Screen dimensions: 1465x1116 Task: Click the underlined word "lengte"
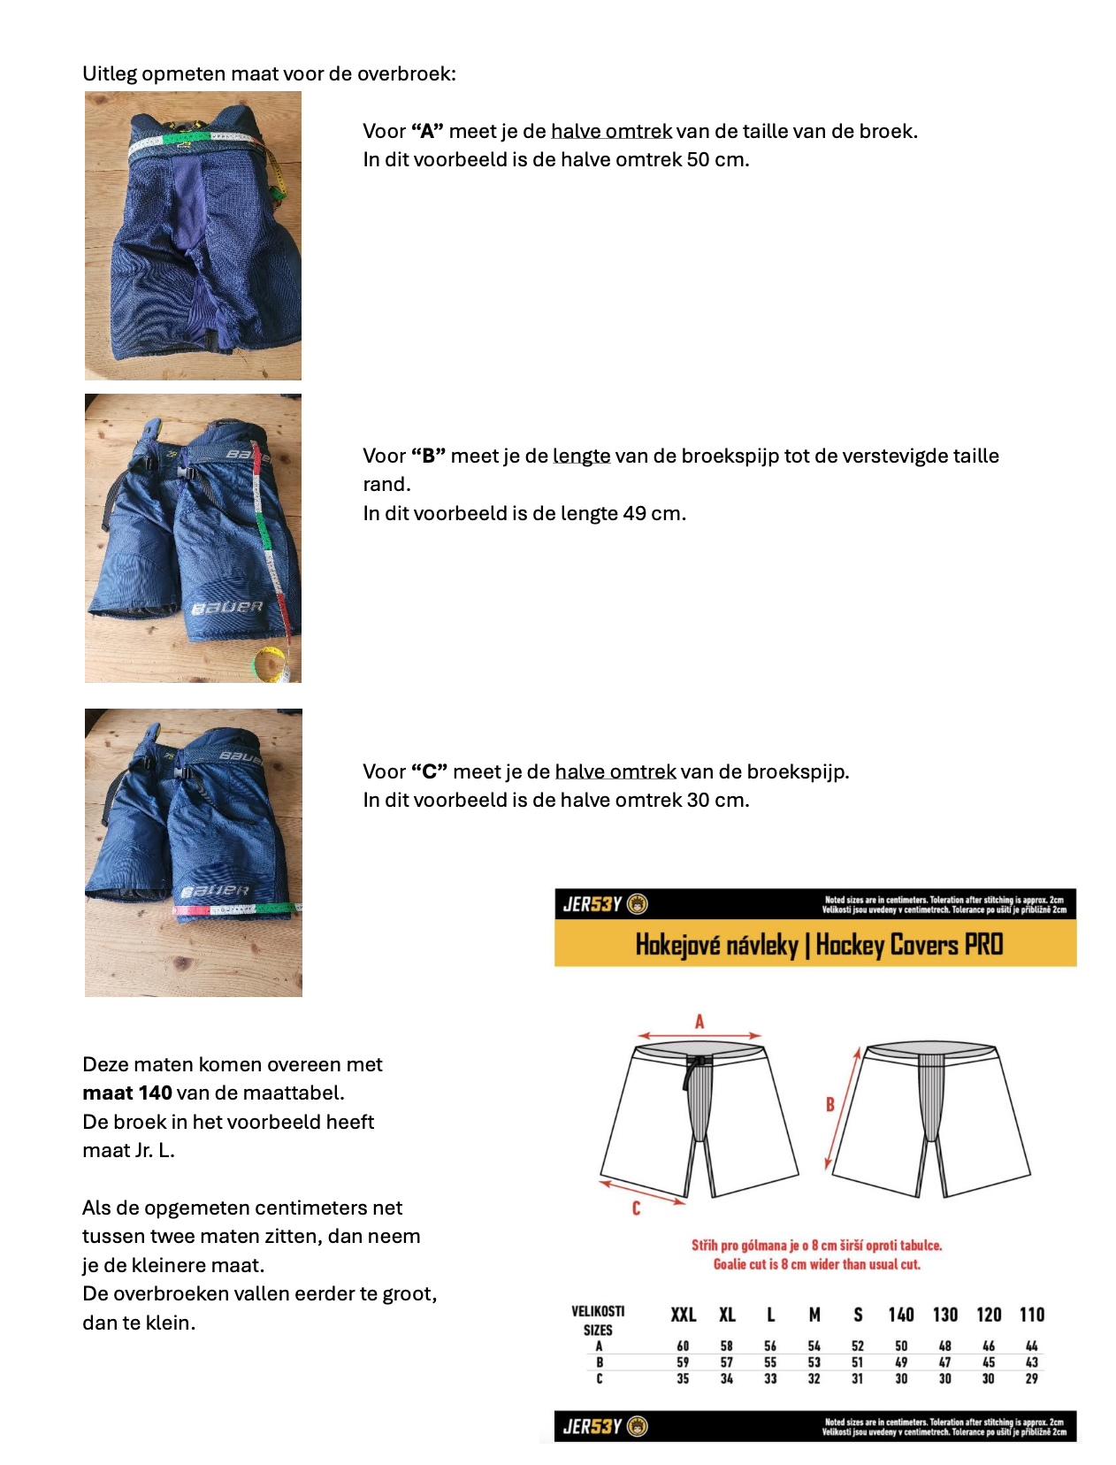[x=581, y=456]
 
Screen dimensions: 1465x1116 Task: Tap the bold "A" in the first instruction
[x=427, y=131]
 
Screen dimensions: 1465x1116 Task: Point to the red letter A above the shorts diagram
[x=699, y=1022]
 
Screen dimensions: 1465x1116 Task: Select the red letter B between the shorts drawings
[x=830, y=1104]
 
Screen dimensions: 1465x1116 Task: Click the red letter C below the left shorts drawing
[x=636, y=1208]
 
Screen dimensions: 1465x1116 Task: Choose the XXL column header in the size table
[x=683, y=1315]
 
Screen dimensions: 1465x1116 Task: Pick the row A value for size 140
[x=901, y=1346]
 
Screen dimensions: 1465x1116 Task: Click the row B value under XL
[x=726, y=1362]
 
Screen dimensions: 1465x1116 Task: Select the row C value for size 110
[x=1032, y=1378]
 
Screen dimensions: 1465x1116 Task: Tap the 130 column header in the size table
[x=945, y=1315]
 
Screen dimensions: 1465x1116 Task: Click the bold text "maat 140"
[x=127, y=1093]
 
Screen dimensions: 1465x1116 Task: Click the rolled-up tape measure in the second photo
[x=270, y=664]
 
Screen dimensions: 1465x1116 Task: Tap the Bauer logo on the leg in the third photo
[x=216, y=891]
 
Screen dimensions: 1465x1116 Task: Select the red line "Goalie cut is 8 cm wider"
[x=816, y=1264]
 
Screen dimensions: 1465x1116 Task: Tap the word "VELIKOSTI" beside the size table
[x=598, y=1311]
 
